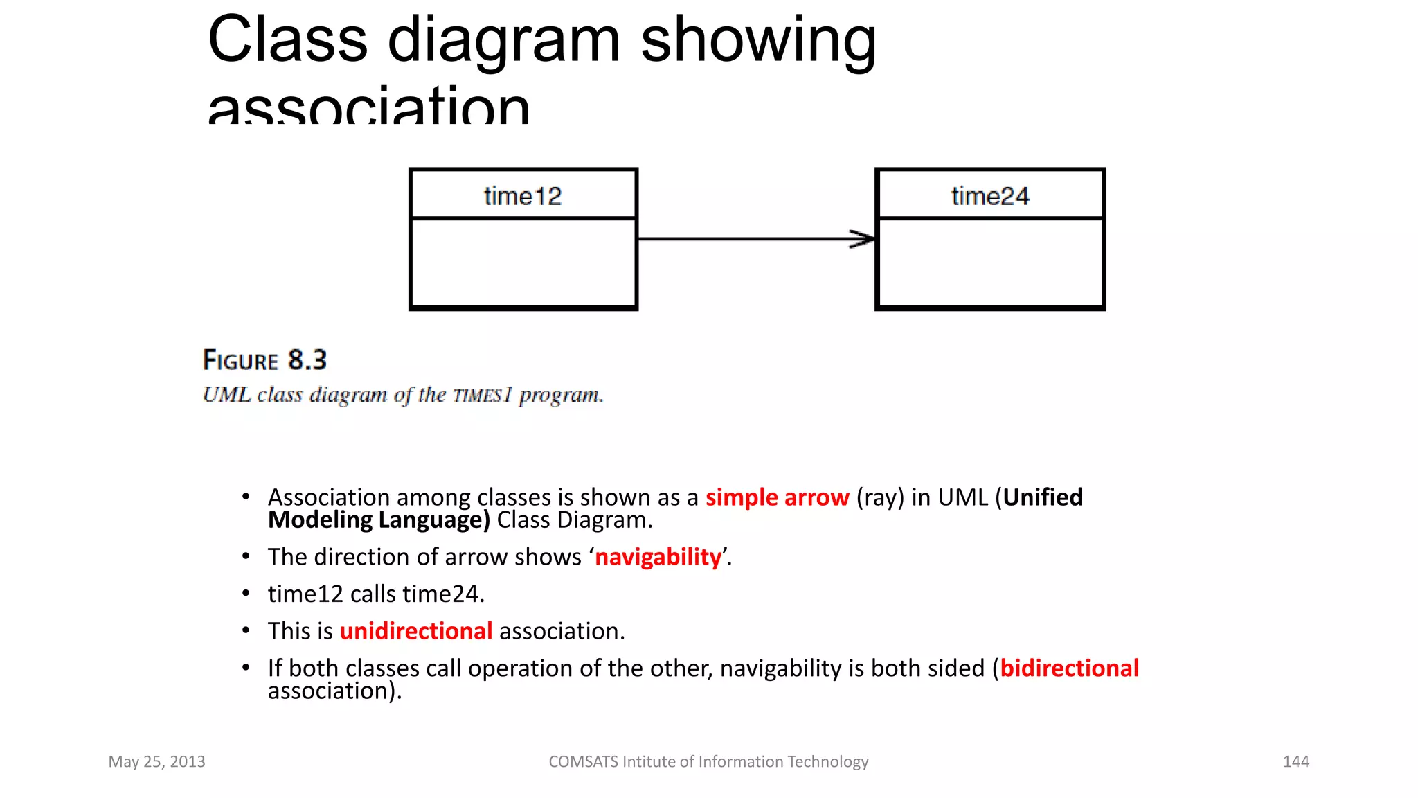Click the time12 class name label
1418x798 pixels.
[523, 196]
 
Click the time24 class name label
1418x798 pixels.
[990, 196]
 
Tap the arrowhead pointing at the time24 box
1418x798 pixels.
[863, 239]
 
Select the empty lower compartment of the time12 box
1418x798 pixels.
[523, 263]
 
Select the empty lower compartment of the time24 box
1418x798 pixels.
[990, 263]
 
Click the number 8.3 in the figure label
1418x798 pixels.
[307, 360]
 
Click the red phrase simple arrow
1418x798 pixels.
[777, 497]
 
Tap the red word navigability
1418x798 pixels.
[658, 557]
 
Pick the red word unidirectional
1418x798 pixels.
[416, 631]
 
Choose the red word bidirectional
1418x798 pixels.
[1069, 668]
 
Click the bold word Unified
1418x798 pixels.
[1043, 497]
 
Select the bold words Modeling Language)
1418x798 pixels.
[379, 520]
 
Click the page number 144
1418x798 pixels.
[1295, 761]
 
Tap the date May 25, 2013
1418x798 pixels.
[156, 761]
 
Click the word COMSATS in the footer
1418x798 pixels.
[583, 761]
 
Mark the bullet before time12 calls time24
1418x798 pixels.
[246, 594]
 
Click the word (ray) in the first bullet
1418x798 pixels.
[880, 497]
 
